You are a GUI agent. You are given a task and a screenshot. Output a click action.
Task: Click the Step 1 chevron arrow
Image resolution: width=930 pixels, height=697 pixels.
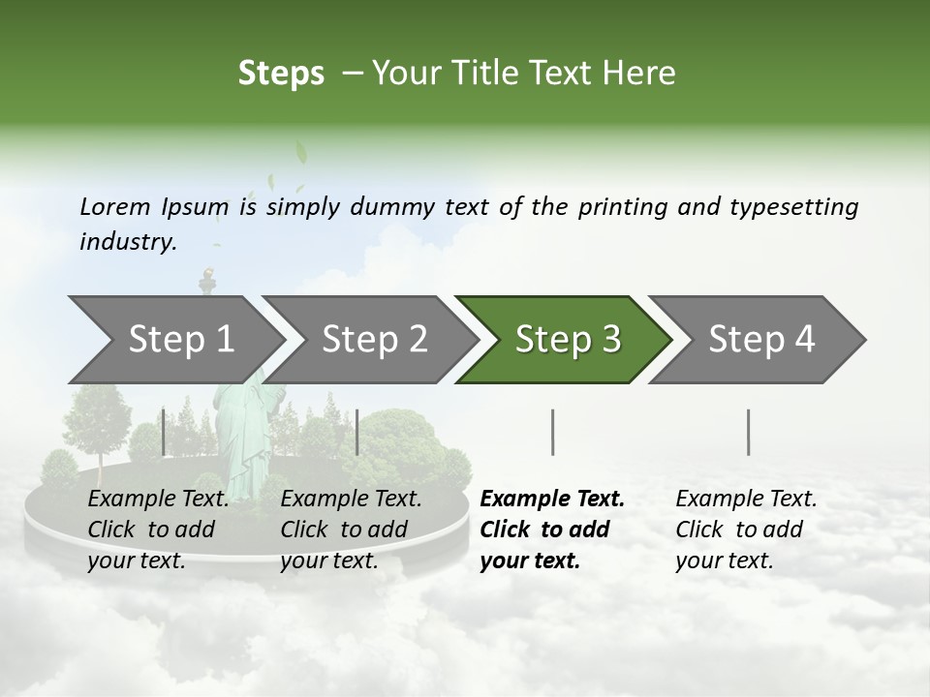[174, 340]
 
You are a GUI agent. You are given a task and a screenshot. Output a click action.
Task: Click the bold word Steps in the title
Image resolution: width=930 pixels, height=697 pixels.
[281, 73]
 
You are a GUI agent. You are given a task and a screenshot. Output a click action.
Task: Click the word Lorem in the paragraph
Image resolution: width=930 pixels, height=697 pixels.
[115, 206]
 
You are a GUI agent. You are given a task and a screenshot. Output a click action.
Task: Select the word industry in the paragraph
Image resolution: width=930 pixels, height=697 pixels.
[127, 241]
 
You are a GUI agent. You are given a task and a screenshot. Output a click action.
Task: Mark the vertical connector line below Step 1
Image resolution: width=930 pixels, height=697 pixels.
[164, 432]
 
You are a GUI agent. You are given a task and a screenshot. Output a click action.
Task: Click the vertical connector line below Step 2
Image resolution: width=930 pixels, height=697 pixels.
[357, 432]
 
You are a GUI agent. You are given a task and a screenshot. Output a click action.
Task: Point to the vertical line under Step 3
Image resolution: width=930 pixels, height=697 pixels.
[552, 432]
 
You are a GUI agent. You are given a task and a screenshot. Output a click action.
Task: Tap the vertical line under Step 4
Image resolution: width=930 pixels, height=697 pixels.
[749, 432]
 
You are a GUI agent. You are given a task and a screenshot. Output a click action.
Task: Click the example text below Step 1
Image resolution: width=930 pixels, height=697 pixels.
[157, 530]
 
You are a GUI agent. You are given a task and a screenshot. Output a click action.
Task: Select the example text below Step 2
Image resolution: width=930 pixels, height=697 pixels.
[350, 530]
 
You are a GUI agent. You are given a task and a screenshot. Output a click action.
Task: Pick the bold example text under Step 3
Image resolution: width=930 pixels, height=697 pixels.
[551, 530]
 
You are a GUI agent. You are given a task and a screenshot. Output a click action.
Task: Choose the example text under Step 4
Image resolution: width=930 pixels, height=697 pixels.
[745, 530]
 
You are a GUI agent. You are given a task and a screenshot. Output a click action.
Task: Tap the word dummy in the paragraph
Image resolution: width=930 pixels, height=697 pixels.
[395, 206]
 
